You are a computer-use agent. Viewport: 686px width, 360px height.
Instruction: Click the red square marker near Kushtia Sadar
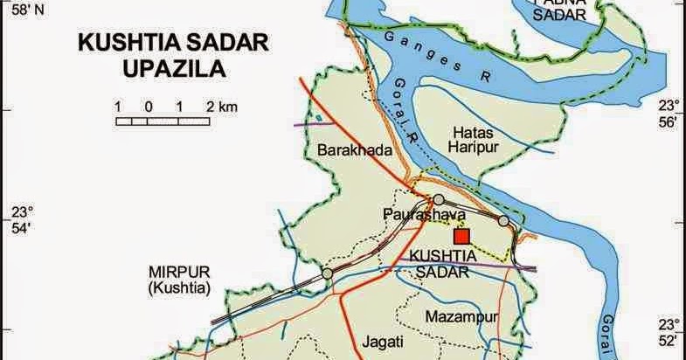(461, 235)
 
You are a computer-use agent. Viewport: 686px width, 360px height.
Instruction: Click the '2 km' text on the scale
(223, 107)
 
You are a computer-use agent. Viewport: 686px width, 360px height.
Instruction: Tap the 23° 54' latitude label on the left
(19, 220)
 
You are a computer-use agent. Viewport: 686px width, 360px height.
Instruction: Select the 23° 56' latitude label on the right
(668, 114)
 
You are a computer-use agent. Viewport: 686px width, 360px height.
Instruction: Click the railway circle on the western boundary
(327, 273)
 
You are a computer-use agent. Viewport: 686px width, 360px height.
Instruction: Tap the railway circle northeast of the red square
(503, 220)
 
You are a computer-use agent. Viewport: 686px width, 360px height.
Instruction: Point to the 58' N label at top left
(19, 10)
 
